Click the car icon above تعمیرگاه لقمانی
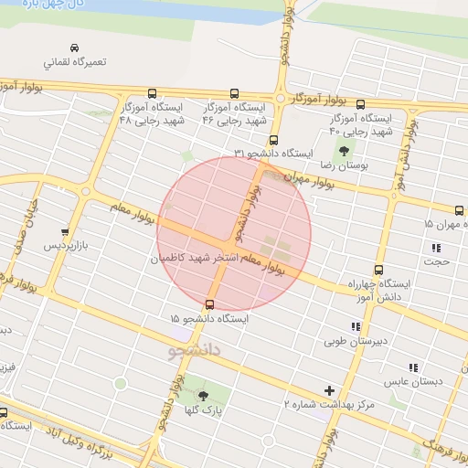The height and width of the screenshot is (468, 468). coord(74,48)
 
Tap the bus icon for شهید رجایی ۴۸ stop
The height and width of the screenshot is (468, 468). coord(152,92)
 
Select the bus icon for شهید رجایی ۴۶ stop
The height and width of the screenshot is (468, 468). coord(235,92)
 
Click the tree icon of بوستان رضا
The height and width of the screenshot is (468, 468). coord(344,151)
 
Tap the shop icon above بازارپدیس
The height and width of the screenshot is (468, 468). coord(63,231)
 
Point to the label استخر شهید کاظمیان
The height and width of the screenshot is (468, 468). coord(199,260)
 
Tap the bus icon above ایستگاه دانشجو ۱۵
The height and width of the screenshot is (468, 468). coord(211,303)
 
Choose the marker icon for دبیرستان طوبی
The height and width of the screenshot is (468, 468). coord(355,326)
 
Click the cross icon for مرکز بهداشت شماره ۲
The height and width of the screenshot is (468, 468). coord(330,390)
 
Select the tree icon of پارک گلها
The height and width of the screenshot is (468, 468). coord(203,395)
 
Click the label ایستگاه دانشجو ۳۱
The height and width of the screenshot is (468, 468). coord(274,153)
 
